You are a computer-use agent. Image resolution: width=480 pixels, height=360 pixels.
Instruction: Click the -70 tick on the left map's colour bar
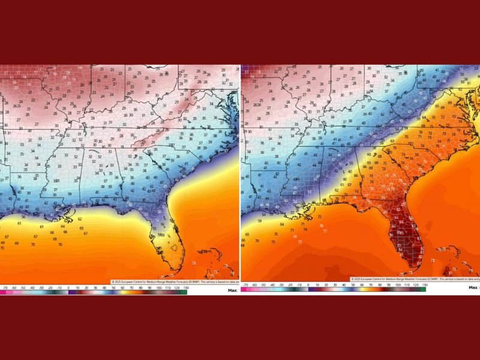click(x=5, y=287)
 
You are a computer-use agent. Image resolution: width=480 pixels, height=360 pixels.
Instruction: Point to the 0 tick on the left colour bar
click(x=68, y=287)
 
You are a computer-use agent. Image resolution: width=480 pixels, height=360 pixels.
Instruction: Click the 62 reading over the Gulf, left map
click(x=80, y=220)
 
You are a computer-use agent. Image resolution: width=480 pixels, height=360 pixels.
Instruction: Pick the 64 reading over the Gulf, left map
click(x=63, y=226)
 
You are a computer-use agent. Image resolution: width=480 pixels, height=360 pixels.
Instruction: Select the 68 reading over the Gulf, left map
click(x=54, y=239)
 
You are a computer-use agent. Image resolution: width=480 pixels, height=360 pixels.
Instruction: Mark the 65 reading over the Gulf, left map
click(x=82, y=228)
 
